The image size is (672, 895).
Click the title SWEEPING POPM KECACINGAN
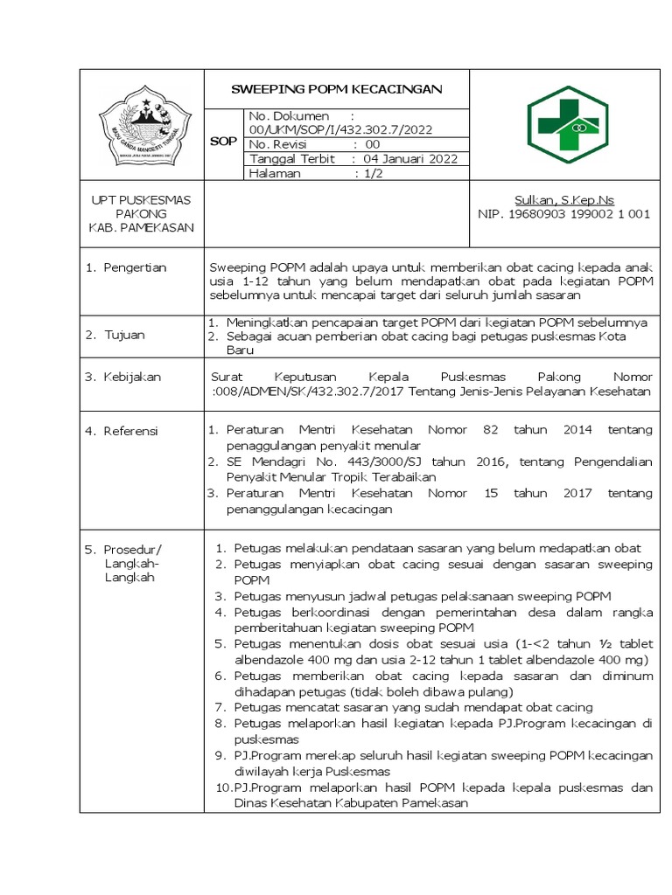pos(337,89)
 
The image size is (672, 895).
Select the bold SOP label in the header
pos(224,142)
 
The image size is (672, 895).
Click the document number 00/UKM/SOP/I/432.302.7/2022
pos(341,129)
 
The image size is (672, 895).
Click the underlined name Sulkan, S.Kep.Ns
pos(563,199)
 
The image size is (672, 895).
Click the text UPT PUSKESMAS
pos(141,199)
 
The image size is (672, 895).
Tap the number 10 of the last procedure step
pos(222,787)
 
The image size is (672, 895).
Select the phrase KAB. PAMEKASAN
pos(141,227)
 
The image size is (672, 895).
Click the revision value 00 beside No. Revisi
pos(373,144)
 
